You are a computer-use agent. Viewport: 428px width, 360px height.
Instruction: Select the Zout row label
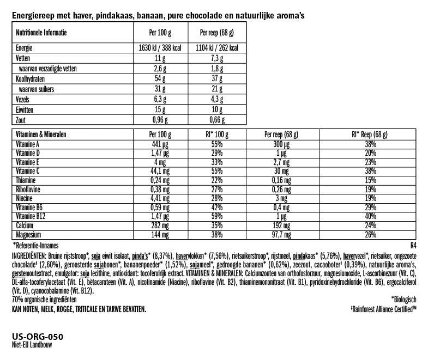[x=22, y=120]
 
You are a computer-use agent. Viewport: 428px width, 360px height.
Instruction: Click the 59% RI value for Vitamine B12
[x=218, y=217]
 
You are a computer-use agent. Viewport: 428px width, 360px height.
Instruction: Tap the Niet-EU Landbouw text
[x=33, y=344]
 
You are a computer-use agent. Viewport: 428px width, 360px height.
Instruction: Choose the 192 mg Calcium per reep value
[x=282, y=225]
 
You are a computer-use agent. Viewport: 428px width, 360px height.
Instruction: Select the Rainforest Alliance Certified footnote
[x=383, y=308]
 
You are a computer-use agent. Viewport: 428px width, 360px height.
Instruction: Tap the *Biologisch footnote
[x=403, y=299]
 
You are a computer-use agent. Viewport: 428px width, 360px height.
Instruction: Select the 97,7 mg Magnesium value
[x=282, y=234]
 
